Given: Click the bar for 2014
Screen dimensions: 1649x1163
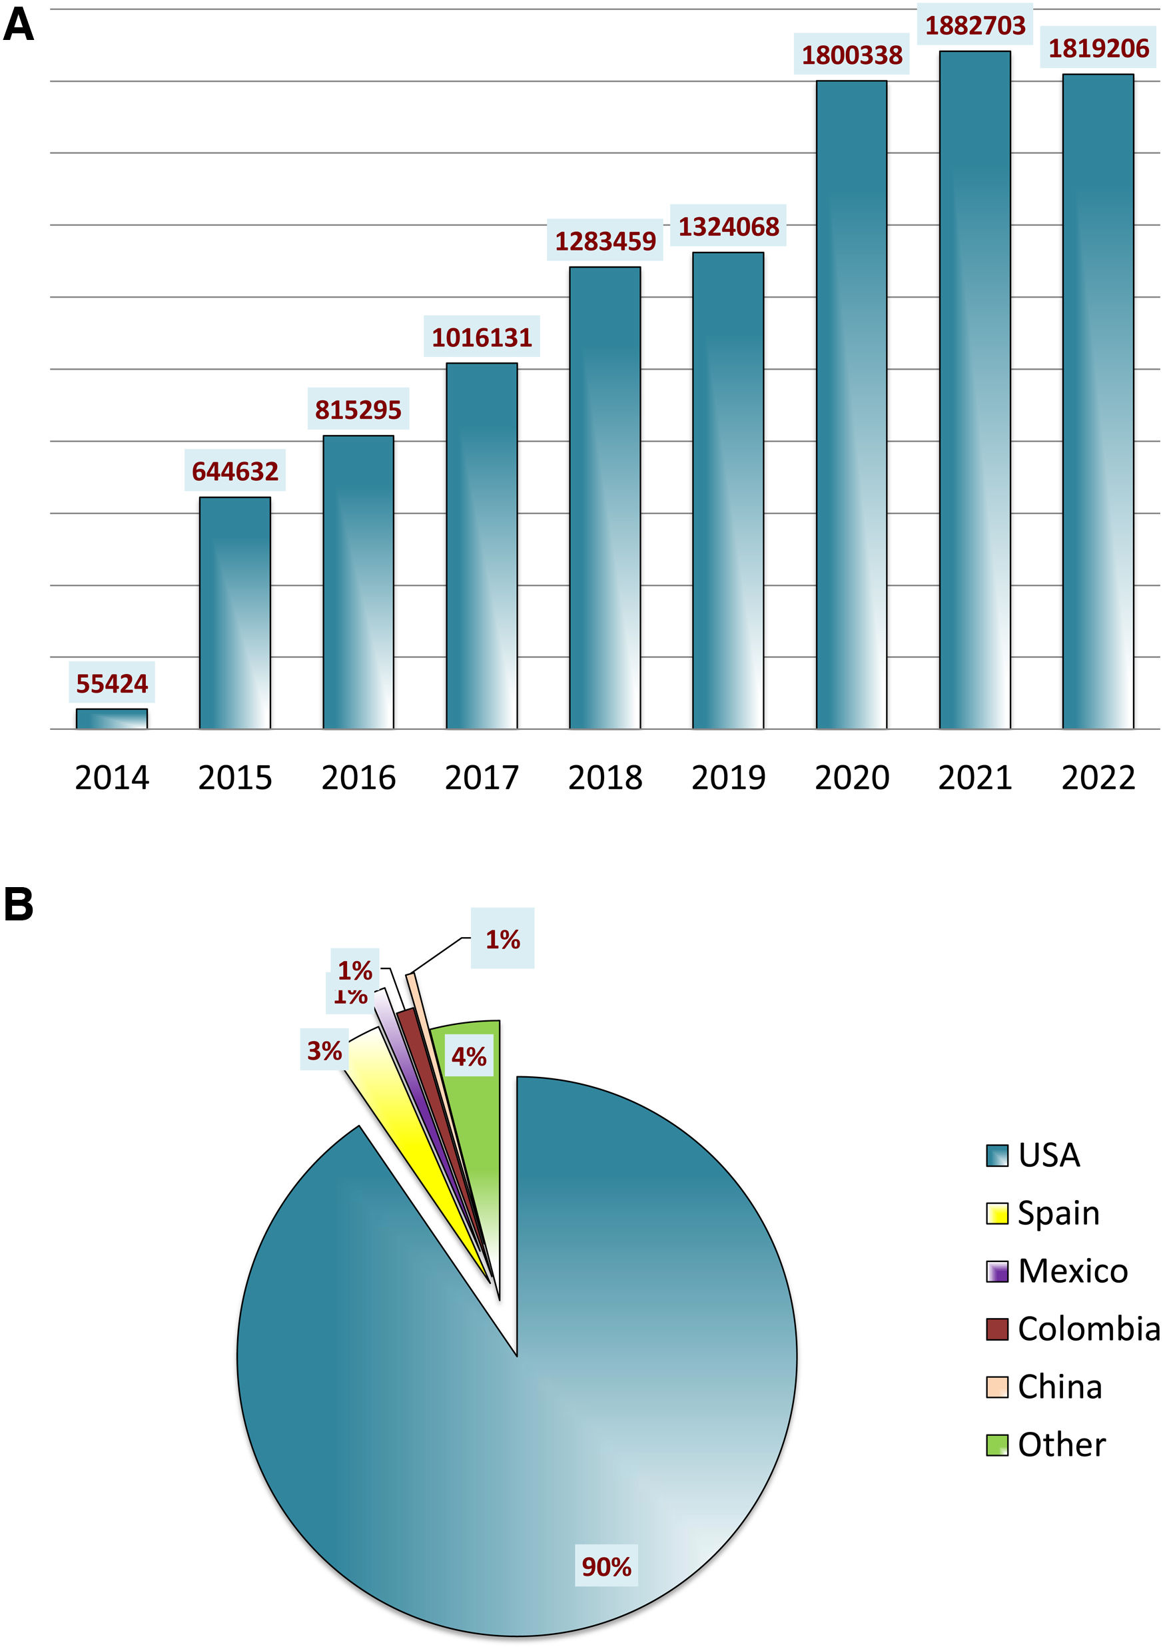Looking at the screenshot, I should tap(111, 718).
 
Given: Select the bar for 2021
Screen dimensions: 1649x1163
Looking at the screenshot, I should tap(974, 392).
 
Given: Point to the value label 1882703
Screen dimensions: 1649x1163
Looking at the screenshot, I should tap(974, 26).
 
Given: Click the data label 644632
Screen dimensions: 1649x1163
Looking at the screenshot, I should tap(235, 471).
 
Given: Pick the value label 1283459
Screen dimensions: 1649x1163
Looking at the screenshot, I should tap(605, 241).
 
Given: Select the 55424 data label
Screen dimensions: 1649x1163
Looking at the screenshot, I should tap(111, 684).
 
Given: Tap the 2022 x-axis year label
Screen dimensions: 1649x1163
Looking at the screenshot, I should tap(1098, 778).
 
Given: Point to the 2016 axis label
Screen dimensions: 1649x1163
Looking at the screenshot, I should tap(358, 778).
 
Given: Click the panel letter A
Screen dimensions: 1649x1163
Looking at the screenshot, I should tap(19, 26).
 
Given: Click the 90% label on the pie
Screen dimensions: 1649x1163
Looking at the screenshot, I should tap(606, 1566).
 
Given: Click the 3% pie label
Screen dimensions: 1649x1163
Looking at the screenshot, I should tap(324, 1051).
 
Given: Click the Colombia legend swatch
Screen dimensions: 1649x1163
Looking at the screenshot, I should tap(996, 1329).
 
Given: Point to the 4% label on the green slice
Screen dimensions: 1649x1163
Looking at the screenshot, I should tap(468, 1056).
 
